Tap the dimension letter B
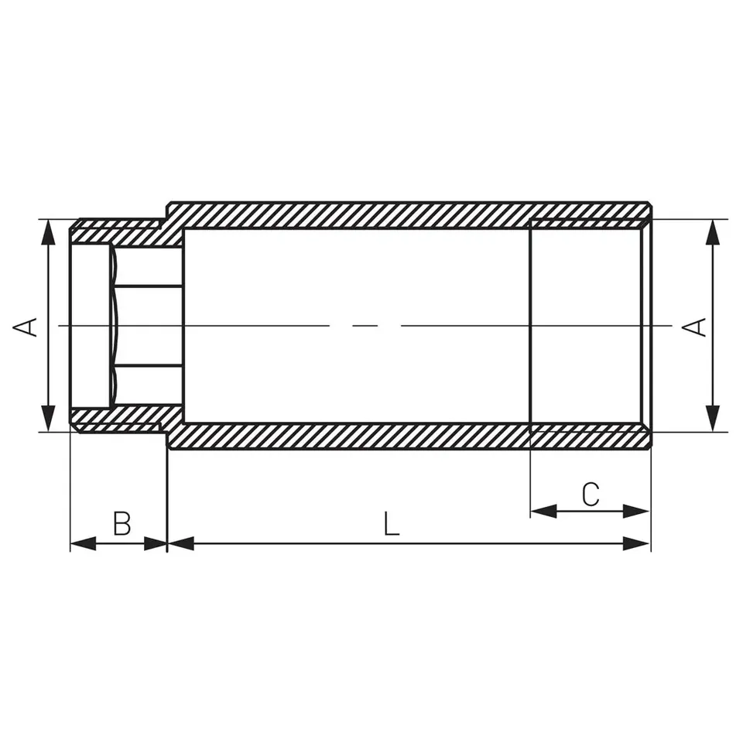(122, 523)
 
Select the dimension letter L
(391, 523)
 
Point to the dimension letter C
(591, 495)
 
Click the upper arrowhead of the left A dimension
(48, 233)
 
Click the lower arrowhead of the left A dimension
(48, 419)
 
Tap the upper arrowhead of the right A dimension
(712, 233)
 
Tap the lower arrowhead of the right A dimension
(712, 419)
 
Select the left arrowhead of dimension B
(84, 543)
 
